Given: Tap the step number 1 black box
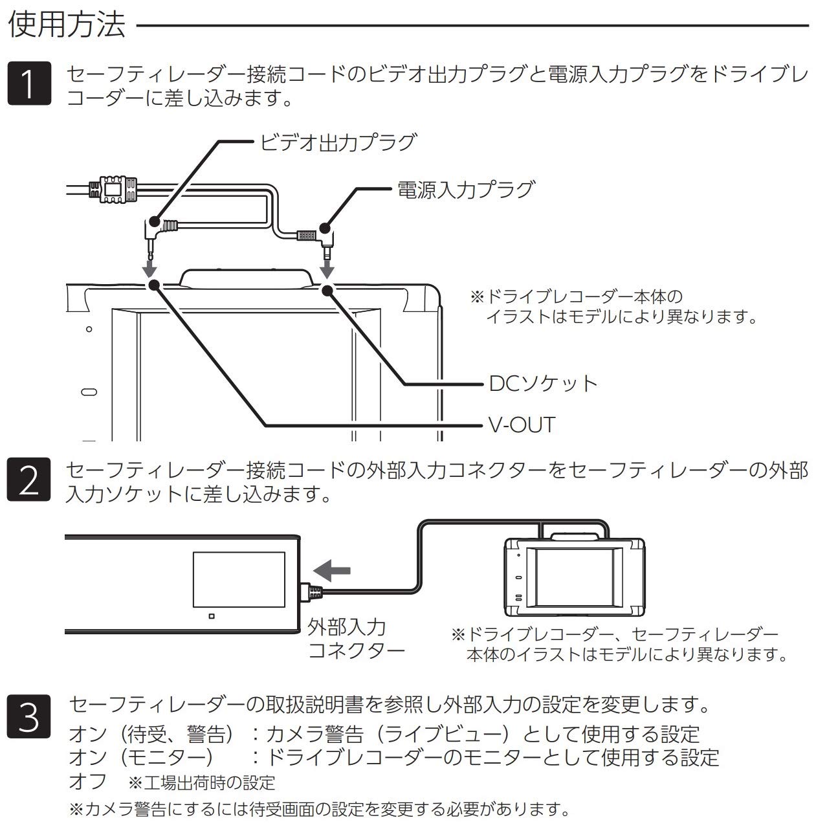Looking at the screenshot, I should (x=28, y=84).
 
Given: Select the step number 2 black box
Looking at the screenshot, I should (x=28, y=480).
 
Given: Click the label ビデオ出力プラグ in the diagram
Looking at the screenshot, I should (x=336, y=141).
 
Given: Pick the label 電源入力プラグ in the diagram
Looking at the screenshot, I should (x=466, y=189).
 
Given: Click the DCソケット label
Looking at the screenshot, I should (x=543, y=383).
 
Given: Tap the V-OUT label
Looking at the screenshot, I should (x=522, y=425).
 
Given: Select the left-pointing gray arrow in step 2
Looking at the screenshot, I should (x=331, y=570).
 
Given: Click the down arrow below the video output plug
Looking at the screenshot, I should (x=149, y=268).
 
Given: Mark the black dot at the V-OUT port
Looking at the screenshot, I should (x=153, y=285).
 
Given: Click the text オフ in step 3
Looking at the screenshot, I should (x=87, y=781).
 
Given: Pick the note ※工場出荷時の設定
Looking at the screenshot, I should (x=202, y=783).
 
